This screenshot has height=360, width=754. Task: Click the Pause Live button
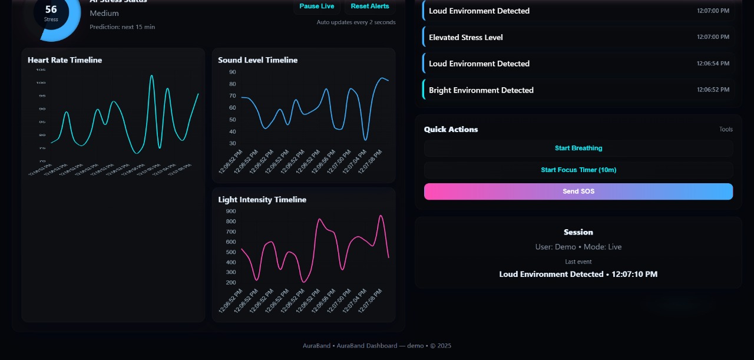317,6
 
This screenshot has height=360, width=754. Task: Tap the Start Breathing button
578,148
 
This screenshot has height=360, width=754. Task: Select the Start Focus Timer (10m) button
578,170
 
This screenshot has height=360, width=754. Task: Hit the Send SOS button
578,191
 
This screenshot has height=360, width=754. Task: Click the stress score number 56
51,9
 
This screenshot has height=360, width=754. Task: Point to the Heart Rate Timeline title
65,60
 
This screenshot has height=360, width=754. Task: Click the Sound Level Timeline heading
257,60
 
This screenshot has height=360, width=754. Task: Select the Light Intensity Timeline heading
262,200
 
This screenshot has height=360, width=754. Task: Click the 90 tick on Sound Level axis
232,72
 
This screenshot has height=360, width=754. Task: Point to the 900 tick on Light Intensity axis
230,211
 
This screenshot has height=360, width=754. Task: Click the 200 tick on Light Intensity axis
230,283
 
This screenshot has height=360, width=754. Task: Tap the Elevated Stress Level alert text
466,37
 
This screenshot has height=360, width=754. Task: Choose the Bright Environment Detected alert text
481,90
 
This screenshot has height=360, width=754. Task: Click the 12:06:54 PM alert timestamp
713,64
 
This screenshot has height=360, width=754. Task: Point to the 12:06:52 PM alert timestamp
713,90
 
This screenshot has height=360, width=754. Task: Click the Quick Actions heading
451,130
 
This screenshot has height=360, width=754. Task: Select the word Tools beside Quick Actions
726,130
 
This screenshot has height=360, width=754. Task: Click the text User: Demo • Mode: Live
578,247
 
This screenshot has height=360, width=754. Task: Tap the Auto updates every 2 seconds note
356,22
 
